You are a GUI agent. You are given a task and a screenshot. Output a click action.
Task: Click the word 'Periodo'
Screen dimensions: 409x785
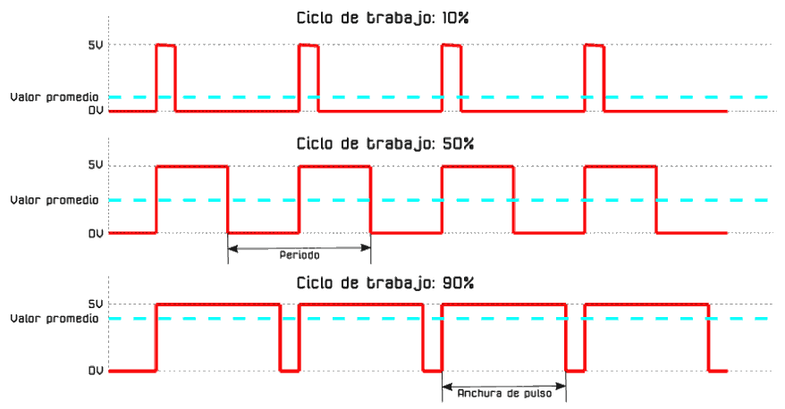coord(300,255)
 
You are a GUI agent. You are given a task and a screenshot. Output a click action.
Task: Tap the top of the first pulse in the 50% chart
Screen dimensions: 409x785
coord(192,166)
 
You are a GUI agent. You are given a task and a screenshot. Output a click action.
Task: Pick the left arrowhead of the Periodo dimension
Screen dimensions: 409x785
coord(232,247)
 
